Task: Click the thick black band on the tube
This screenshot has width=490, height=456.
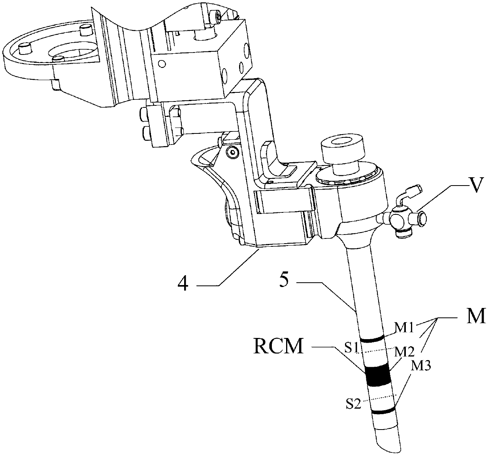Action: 377,375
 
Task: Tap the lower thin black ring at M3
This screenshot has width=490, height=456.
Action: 383,412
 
